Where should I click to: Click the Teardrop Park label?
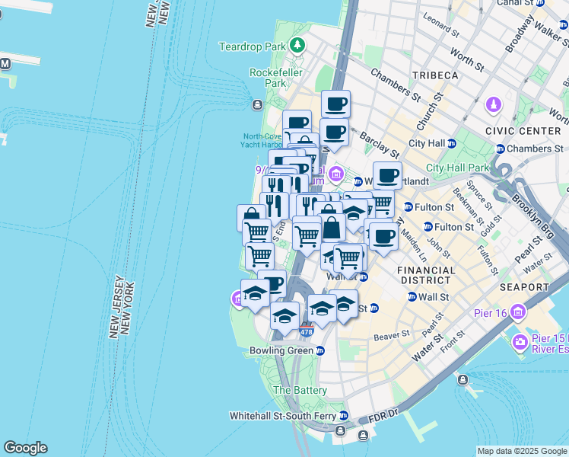coord(251,47)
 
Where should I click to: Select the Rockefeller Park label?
coord(268,78)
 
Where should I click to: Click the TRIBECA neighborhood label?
coord(435,75)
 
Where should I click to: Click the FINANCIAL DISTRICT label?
coord(428,275)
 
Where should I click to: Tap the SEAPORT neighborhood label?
coord(524,287)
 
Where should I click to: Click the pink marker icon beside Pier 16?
coord(519,312)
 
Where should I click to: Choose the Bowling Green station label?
coord(281,350)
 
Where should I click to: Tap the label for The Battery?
coord(300,390)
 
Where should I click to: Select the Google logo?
coord(25,448)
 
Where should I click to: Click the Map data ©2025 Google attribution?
coord(522,451)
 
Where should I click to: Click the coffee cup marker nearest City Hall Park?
coord(387,176)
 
